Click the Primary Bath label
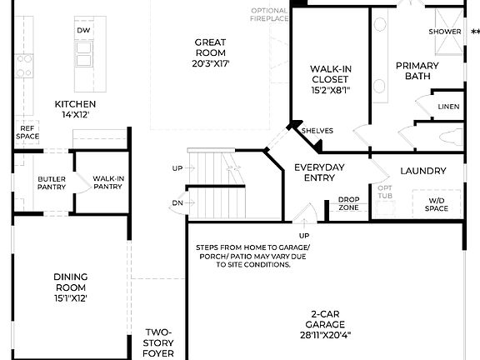click(417, 72)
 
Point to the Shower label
click(445, 32)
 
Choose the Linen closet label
click(448, 107)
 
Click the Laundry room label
click(422, 171)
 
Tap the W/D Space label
click(437, 203)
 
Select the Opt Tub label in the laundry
click(385, 192)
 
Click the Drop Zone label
click(348, 203)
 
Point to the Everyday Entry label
click(319, 172)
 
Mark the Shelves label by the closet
click(317, 131)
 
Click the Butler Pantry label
click(51, 182)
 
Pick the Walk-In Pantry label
click(109, 182)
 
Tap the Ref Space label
click(27, 132)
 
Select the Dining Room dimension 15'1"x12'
click(71, 297)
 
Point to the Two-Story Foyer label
click(158, 342)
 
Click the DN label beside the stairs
click(177, 202)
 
